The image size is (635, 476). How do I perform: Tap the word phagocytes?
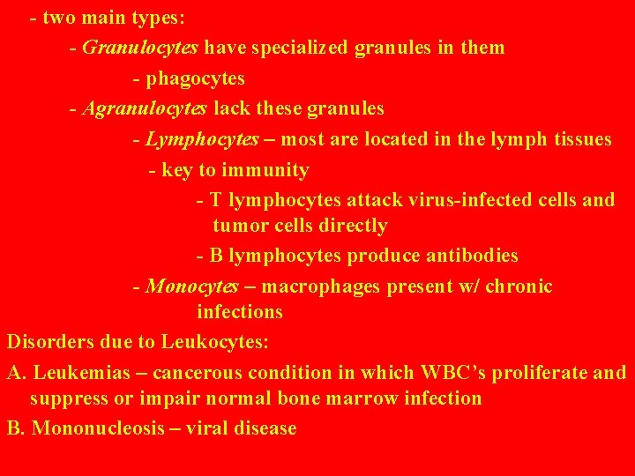pos(196,78)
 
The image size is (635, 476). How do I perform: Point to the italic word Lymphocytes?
pos(203,139)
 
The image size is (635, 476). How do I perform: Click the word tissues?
pos(579,139)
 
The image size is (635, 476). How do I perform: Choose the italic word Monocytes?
pos(192,286)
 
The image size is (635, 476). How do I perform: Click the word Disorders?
pos(48,341)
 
